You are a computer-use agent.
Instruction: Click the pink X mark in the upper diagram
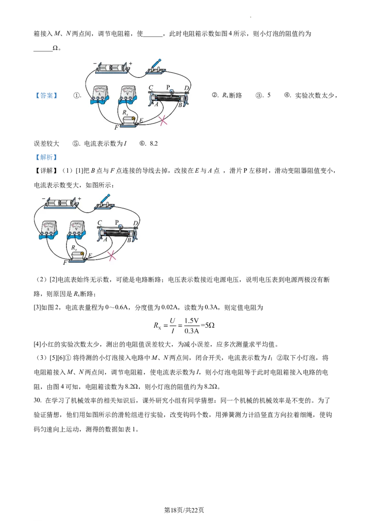click(x=163, y=121)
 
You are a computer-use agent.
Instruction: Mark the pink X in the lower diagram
click(x=111, y=256)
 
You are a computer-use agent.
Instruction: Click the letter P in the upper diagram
click(x=168, y=87)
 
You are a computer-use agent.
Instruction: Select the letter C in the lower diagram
click(x=99, y=223)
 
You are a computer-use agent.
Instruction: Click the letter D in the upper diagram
click(x=186, y=87)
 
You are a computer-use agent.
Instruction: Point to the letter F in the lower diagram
click(x=65, y=263)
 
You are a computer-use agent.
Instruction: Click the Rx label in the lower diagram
click(x=74, y=248)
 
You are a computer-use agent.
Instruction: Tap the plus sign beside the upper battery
click(x=131, y=64)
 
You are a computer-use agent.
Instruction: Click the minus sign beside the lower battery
click(x=43, y=199)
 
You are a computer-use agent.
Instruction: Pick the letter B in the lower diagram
click(x=130, y=240)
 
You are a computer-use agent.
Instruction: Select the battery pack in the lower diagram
click(x=61, y=203)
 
